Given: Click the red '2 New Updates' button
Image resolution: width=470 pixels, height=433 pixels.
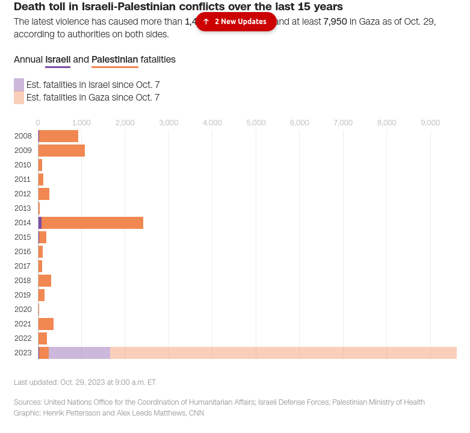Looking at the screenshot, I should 236,22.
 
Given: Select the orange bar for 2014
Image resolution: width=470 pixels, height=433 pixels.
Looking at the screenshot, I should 93,223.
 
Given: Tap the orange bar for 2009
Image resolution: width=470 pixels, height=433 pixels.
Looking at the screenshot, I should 61,151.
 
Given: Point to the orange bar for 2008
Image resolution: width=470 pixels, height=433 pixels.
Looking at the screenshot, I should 59,136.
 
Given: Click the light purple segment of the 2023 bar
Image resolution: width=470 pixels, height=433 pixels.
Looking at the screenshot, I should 79,353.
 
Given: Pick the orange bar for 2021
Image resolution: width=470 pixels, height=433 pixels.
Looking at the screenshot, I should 46,324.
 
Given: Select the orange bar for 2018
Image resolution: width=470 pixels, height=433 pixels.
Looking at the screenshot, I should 45,281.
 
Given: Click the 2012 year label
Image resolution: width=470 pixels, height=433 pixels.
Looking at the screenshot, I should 23,194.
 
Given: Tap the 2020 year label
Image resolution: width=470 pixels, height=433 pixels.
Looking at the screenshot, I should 23,310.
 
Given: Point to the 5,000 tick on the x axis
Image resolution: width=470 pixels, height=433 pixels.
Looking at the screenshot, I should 256,123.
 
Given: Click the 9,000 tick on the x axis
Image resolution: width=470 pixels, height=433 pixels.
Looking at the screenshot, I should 430,123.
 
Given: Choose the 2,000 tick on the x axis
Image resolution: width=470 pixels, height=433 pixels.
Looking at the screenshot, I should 125,123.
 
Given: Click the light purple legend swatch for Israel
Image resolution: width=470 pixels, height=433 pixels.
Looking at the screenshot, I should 19,85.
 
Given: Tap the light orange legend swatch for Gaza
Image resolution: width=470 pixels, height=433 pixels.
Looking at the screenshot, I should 19,98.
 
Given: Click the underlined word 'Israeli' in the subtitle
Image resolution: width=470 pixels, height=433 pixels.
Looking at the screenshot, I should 58,60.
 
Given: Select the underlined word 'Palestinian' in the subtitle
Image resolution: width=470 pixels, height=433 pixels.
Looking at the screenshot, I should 114,60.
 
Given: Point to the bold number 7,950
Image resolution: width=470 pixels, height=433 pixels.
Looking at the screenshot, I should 335,22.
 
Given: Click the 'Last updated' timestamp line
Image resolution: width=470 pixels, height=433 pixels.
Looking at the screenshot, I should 85,382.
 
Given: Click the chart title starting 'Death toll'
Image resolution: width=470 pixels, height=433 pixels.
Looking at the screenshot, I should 178,7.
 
